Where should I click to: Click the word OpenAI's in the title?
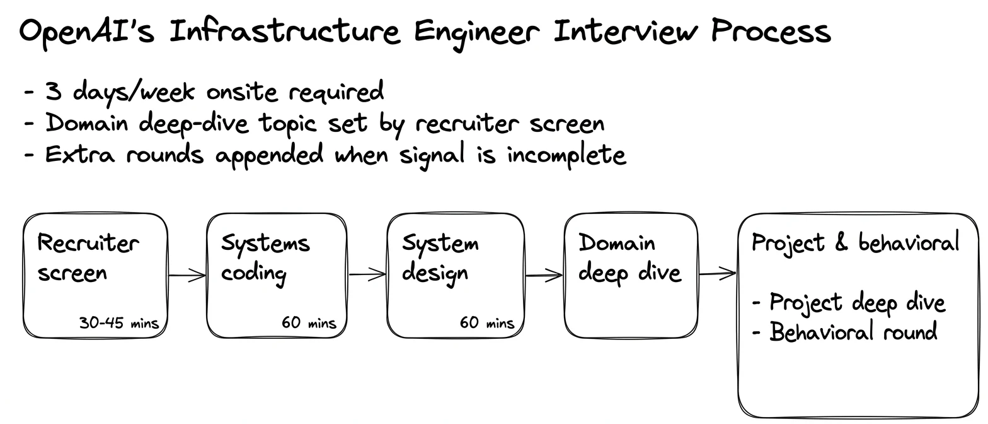click(87, 32)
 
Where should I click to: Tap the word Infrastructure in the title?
click(285, 31)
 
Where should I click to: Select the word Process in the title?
click(771, 31)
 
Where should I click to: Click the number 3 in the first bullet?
click(54, 91)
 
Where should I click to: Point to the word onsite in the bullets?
click(242, 92)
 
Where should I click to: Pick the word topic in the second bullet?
click(287, 123)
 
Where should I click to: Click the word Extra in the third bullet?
click(80, 154)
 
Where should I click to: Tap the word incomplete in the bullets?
click(566, 155)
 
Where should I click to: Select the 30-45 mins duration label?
click(118, 323)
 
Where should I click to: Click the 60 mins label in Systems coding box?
click(309, 322)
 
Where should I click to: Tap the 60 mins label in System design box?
click(487, 322)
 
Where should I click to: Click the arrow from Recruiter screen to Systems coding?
click(187, 275)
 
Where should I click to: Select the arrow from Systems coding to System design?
click(367, 274)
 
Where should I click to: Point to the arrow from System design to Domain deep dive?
click(544, 276)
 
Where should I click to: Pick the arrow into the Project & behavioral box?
click(718, 274)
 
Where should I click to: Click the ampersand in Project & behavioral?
click(841, 242)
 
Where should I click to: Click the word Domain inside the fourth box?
click(617, 242)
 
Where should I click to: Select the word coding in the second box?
click(253, 274)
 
